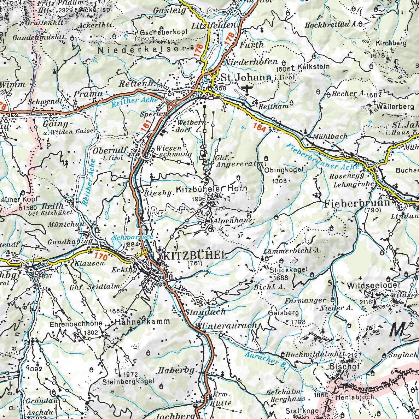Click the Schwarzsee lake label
133,237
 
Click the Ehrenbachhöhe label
76,323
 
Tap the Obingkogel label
284,170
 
